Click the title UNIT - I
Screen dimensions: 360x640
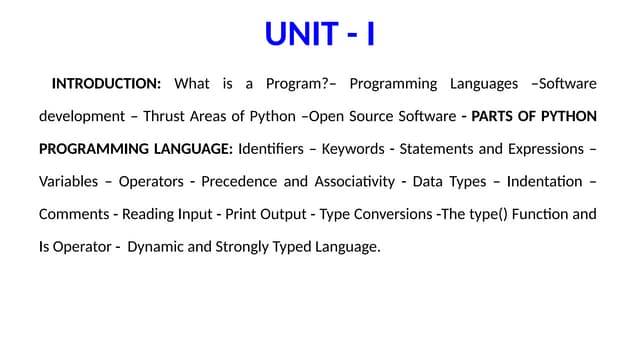[x=320, y=34]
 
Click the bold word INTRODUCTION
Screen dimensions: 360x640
[x=106, y=83]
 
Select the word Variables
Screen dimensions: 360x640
[x=68, y=182]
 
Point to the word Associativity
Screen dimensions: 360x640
[x=347, y=182]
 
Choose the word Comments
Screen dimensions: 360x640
[x=73, y=214]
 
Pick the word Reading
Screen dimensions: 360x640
[x=150, y=214]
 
